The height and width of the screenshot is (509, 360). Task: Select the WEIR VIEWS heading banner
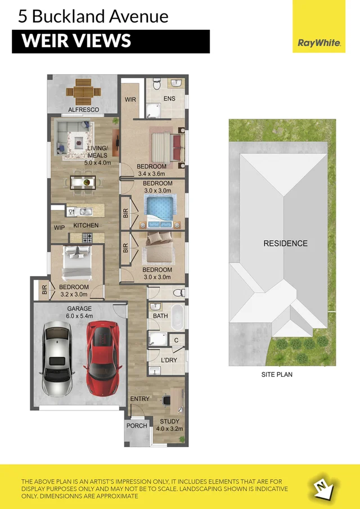[x=110, y=42]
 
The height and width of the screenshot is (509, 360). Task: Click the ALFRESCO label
[x=83, y=110]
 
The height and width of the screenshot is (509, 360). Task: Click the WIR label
[x=130, y=100]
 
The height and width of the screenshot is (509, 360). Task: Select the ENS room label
[x=169, y=99]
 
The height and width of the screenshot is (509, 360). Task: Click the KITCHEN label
[x=85, y=226]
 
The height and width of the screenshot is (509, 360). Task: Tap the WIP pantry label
[x=59, y=228]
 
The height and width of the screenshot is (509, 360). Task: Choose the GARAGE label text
[x=79, y=309]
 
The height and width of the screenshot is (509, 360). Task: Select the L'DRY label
[x=170, y=359]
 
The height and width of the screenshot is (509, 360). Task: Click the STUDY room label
[x=169, y=421]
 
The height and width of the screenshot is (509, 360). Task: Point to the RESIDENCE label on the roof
[x=286, y=244]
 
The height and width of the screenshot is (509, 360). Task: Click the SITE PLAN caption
[x=277, y=374]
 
